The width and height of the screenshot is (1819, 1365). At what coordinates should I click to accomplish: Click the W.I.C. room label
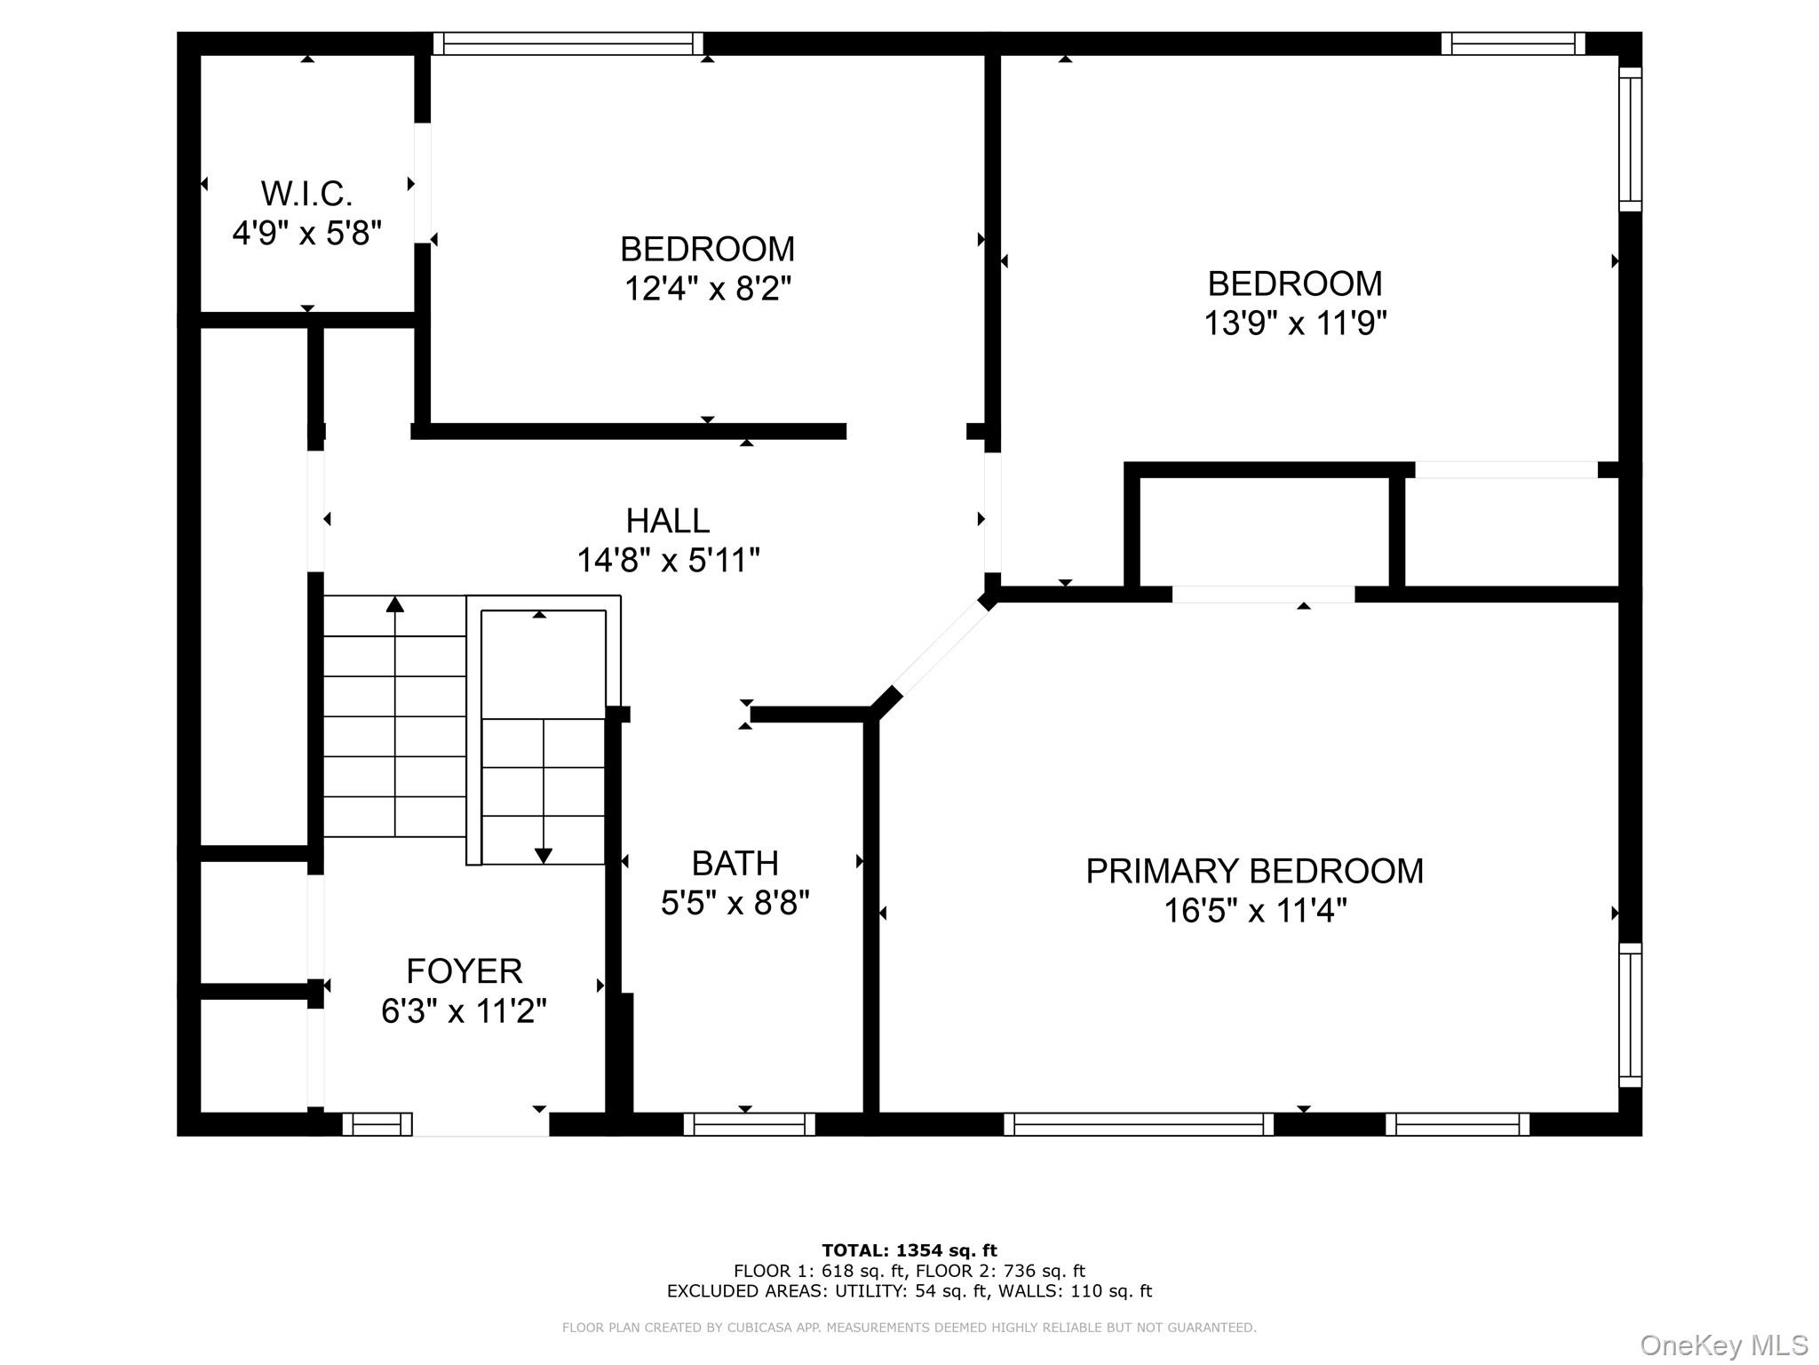[x=306, y=194]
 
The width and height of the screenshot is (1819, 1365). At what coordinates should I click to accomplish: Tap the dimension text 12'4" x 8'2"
[x=707, y=289]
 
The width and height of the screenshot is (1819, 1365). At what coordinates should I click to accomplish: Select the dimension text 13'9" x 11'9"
[x=1294, y=323]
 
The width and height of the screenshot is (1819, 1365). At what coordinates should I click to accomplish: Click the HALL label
[x=667, y=521]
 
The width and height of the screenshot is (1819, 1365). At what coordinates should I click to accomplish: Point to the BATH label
[x=735, y=864]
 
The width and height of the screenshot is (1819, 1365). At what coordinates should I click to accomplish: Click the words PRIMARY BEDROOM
[x=1254, y=871]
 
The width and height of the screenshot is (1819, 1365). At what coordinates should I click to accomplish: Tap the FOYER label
[x=464, y=971]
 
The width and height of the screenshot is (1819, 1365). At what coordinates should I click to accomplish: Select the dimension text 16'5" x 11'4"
[x=1254, y=911]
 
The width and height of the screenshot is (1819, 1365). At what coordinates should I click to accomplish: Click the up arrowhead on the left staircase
[x=395, y=605]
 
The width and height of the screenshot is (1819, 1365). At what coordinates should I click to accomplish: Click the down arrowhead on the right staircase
[x=544, y=856]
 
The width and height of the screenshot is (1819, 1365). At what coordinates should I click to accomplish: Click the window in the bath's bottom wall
[x=749, y=1124]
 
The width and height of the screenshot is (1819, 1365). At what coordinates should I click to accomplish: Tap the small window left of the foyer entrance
[x=377, y=1124]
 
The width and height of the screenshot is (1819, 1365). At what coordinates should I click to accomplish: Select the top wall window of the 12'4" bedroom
[x=568, y=44]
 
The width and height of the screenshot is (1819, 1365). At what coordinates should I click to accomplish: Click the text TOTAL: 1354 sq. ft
[x=909, y=1250]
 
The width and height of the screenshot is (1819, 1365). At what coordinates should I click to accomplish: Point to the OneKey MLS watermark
[x=1723, y=1345]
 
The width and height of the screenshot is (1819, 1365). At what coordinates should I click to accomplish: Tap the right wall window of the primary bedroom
[x=1630, y=1014]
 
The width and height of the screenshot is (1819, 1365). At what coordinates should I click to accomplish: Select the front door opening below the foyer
[x=481, y=1124]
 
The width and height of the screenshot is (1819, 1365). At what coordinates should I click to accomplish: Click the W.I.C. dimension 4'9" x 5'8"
[x=306, y=234]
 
